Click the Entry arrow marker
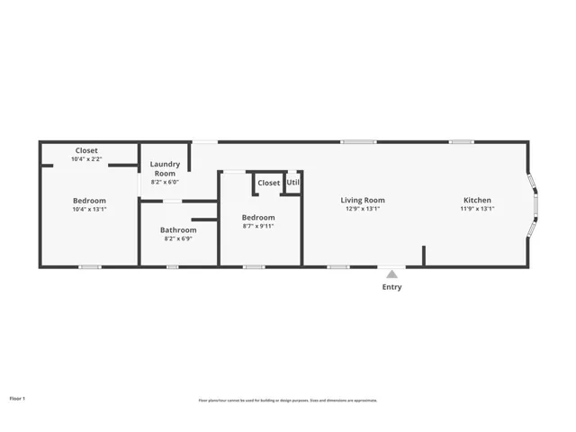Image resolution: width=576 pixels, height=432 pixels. pyautogui.click(x=391, y=274)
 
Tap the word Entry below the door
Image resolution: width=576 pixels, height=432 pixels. pyautogui.click(x=392, y=288)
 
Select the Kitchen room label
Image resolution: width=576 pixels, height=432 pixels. pyautogui.click(x=477, y=200)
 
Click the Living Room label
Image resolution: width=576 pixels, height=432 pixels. pyautogui.click(x=363, y=200)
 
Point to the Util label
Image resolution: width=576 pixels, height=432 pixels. pyautogui.click(x=293, y=183)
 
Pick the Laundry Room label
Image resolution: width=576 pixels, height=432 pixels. pyautogui.click(x=165, y=168)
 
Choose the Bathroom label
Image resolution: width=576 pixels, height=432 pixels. pyautogui.click(x=178, y=230)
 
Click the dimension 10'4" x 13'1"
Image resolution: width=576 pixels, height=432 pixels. pyautogui.click(x=89, y=209)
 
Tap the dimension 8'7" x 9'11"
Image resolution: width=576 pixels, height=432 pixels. pyautogui.click(x=258, y=227)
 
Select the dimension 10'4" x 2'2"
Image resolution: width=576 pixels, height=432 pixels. pyautogui.click(x=86, y=159)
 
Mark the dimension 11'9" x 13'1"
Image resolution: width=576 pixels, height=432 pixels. pyautogui.click(x=477, y=209)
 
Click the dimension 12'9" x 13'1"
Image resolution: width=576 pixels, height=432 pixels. pyautogui.click(x=363, y=209)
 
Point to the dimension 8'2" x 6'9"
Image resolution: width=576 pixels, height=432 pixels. pyautogui.click(x=178, y=239)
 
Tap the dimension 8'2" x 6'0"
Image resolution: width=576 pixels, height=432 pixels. pyautogui.click(x=165, y=182)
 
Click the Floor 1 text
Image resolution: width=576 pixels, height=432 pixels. pyautogui.click(x=17, y=397)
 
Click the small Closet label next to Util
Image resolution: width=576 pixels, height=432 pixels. pyautogui.click(x=268, y=183)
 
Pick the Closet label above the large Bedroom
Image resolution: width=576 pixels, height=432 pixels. pyautogui.click(x=86, y=150)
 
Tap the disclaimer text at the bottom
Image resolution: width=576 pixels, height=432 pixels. pyautogui.click(x=288, y=400)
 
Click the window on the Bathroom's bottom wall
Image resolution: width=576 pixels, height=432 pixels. pyautogui.click(x=173, y=266)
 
